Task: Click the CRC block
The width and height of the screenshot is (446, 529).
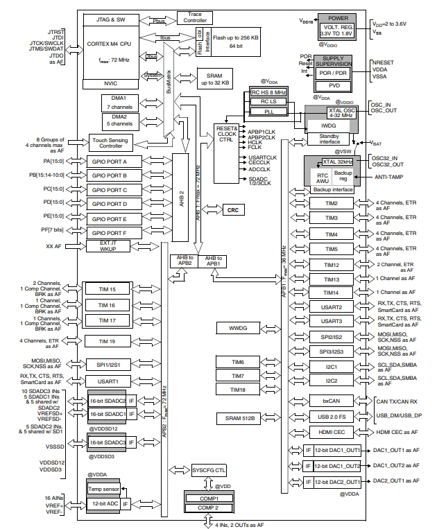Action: click(232, 209)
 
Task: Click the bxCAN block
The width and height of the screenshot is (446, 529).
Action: click(328, 401)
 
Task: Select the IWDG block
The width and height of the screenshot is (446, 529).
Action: click(328, 128)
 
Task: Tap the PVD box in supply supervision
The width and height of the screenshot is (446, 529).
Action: click(332, 86)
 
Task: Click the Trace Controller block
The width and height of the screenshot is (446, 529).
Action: click(195, 17)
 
